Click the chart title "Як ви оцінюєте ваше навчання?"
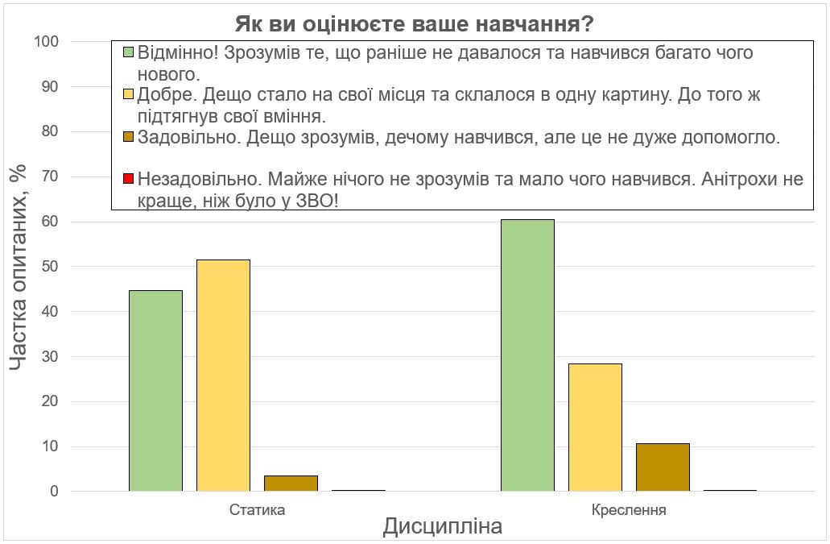tap(415, 24)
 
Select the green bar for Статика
tap(155, 391)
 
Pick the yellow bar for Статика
tap(223, 376)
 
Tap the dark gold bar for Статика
tap(291, 484)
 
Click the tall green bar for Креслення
tap(527, 355)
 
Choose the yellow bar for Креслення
tap(595, 427)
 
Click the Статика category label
tap(257, 510)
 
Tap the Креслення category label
tap(629, 510)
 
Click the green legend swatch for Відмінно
tap(128, 53)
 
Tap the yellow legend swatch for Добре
tap(128, 95)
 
